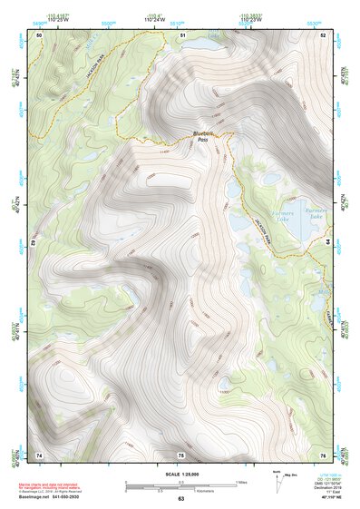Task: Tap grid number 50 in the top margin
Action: (39, 34)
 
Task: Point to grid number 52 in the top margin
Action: (324, 34)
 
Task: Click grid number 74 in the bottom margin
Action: (39, 454)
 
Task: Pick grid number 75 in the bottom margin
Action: (180, 454)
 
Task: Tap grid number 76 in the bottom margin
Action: (324, 454)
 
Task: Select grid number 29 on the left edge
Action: (34, 244)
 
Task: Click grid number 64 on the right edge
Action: (327, 244)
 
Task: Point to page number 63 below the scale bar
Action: (180, 499)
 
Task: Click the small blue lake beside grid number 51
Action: (214, 37)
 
